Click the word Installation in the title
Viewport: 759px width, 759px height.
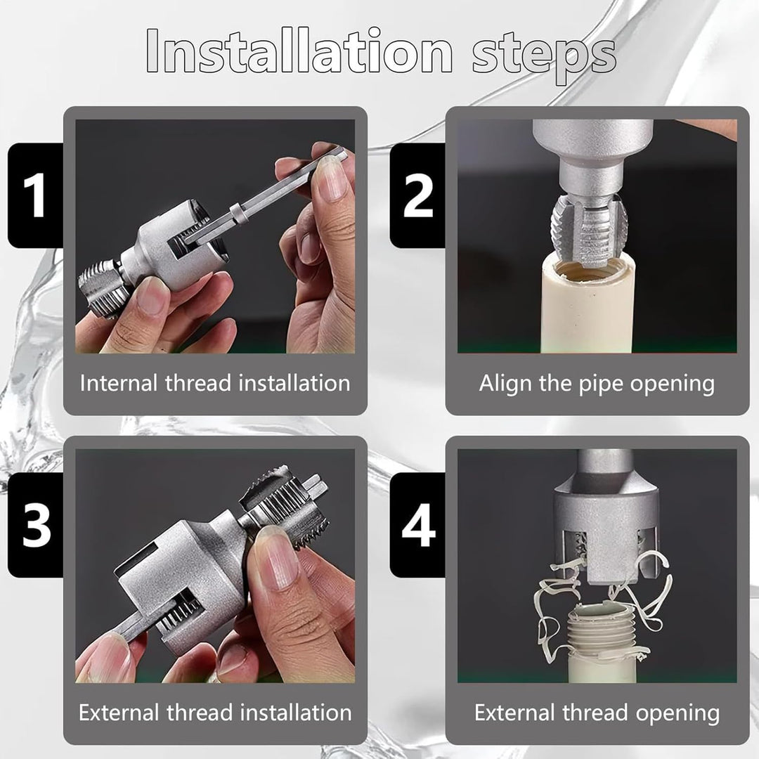(x=299, y=51)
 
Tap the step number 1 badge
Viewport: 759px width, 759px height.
(x=35, y=195)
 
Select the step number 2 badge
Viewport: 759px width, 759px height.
(x=417, y=195)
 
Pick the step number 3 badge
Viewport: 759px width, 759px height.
(x=35, y=525)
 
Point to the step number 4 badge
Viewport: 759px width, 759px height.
(x=417, y=525)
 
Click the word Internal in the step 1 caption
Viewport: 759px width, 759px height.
(x=119, y=383)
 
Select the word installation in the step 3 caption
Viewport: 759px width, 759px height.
(x=296, y=713)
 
